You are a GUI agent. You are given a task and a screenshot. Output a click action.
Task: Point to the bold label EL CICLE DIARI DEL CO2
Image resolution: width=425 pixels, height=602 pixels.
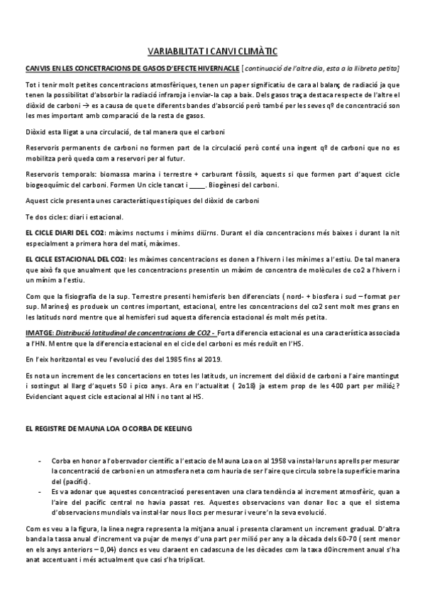tap(65, 233)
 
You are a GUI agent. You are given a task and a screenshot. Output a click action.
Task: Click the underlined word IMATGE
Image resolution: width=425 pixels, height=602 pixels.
tap(38, 332)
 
